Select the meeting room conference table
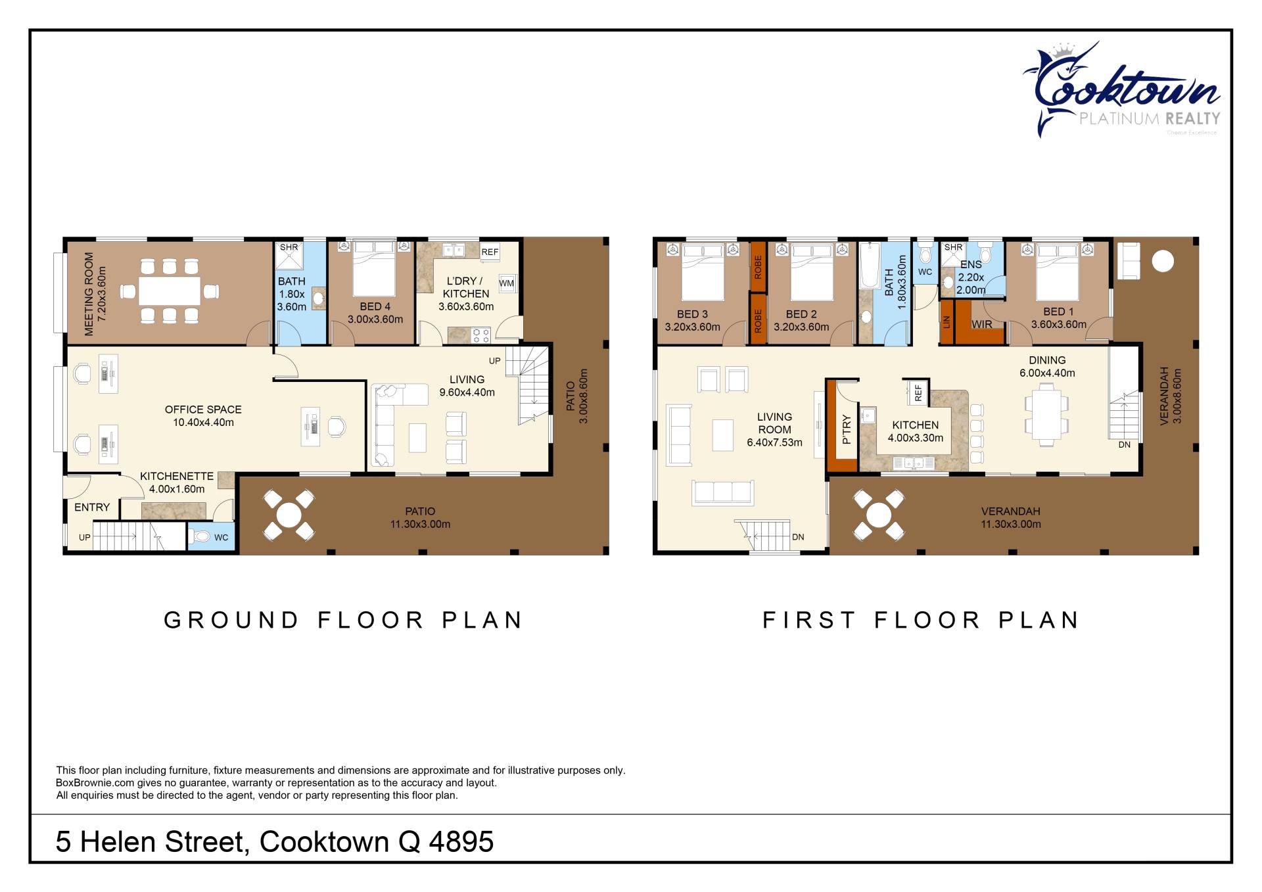[170, 291]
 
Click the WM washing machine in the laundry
[507, 283]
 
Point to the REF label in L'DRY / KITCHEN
[490, 252]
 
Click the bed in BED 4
[374, 269]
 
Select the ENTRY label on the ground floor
[92, 507]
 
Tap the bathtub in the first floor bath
[870, 266]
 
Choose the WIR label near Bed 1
[982, 324]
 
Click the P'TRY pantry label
[847, 429]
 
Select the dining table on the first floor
[1047, 415]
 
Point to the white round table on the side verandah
[1163, 261]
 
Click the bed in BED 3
[703, 272]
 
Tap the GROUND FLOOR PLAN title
[343, 620]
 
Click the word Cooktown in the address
[324, 842]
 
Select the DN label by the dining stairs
[1125, 445]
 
